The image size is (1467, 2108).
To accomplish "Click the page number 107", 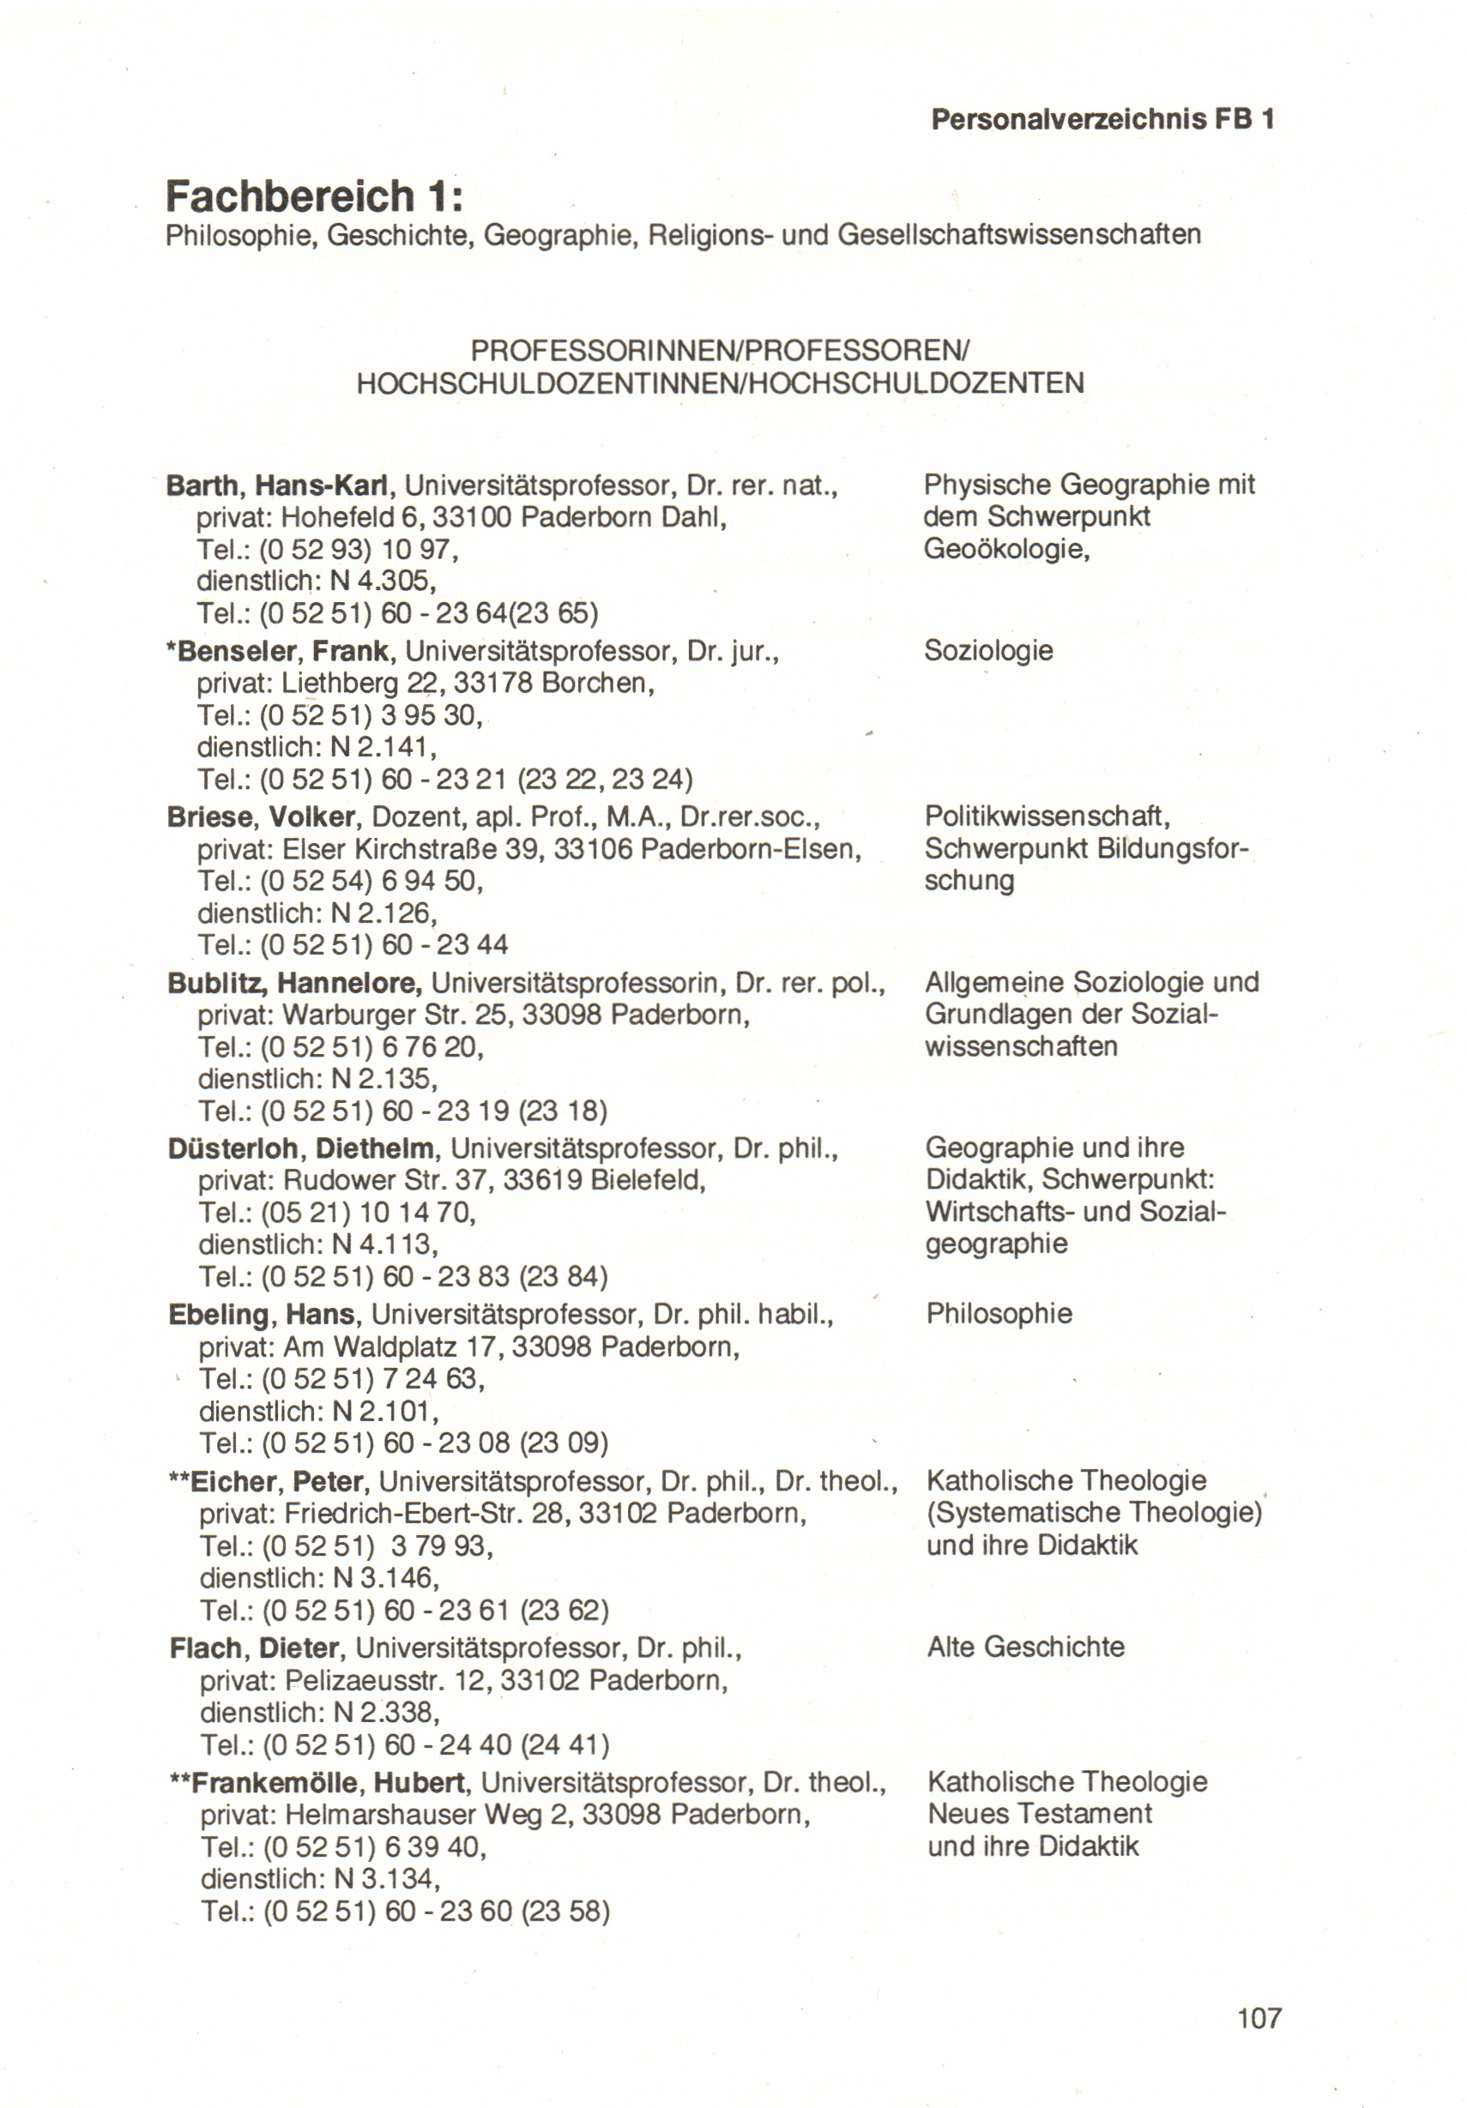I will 1259,2018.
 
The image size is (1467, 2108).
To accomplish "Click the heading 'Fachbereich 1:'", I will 314,196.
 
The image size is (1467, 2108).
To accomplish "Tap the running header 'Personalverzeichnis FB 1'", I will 1102,119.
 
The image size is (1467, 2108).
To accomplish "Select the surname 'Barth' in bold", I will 203,485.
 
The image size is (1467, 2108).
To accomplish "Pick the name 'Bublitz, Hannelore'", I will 294,984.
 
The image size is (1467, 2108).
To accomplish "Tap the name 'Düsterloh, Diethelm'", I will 300,1148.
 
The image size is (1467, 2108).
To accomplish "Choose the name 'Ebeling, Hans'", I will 262,1315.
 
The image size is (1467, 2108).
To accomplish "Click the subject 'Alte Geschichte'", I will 1025,1647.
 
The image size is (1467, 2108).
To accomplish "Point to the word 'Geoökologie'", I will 1005,549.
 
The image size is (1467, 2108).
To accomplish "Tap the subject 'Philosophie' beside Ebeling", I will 999,1314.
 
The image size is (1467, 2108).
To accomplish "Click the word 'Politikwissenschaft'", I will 1047,816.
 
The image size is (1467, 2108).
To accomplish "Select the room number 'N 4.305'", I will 381,581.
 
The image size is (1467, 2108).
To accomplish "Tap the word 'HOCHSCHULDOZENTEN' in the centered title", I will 917,382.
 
